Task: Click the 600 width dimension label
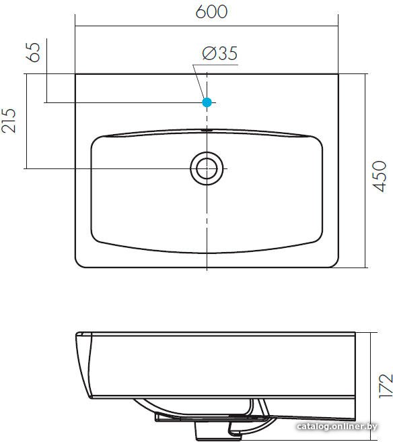pos(211,12)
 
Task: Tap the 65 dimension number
pos(33,53)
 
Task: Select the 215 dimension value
pos(9,121)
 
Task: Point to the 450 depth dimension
pos(380,177)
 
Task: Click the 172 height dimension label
pos(386,386)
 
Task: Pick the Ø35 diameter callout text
pos(220,53)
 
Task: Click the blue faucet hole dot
pos(207,102)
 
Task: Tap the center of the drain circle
pos(207,168)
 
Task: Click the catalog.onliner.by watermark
pos(337,427)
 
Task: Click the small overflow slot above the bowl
pos(207,131)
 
